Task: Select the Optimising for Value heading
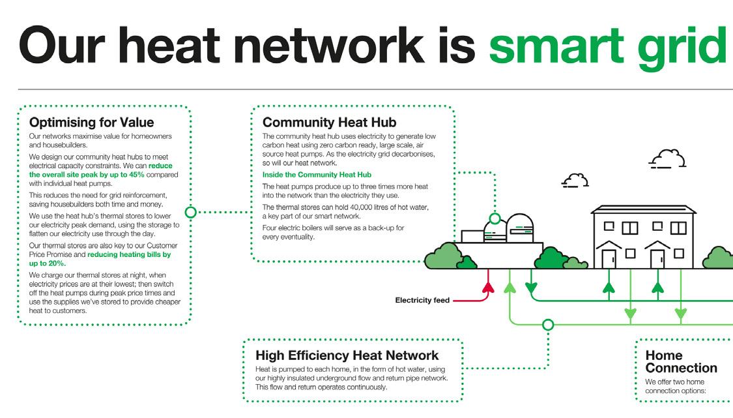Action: pos(91,122)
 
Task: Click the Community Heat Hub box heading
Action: pos(329,122)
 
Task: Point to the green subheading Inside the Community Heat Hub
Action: pos(317,175)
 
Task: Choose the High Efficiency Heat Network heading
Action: pos(347,355)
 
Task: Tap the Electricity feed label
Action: pos(422,301)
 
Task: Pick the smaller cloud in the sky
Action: pos(575,179)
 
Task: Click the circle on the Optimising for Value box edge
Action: pos(191,212)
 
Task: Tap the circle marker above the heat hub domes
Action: pos(495,218)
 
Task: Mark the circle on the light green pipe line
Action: pos(548,324)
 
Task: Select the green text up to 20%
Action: pos(48,263)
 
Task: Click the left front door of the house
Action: pos(608,258)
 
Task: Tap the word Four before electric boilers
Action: pos(270,228)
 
